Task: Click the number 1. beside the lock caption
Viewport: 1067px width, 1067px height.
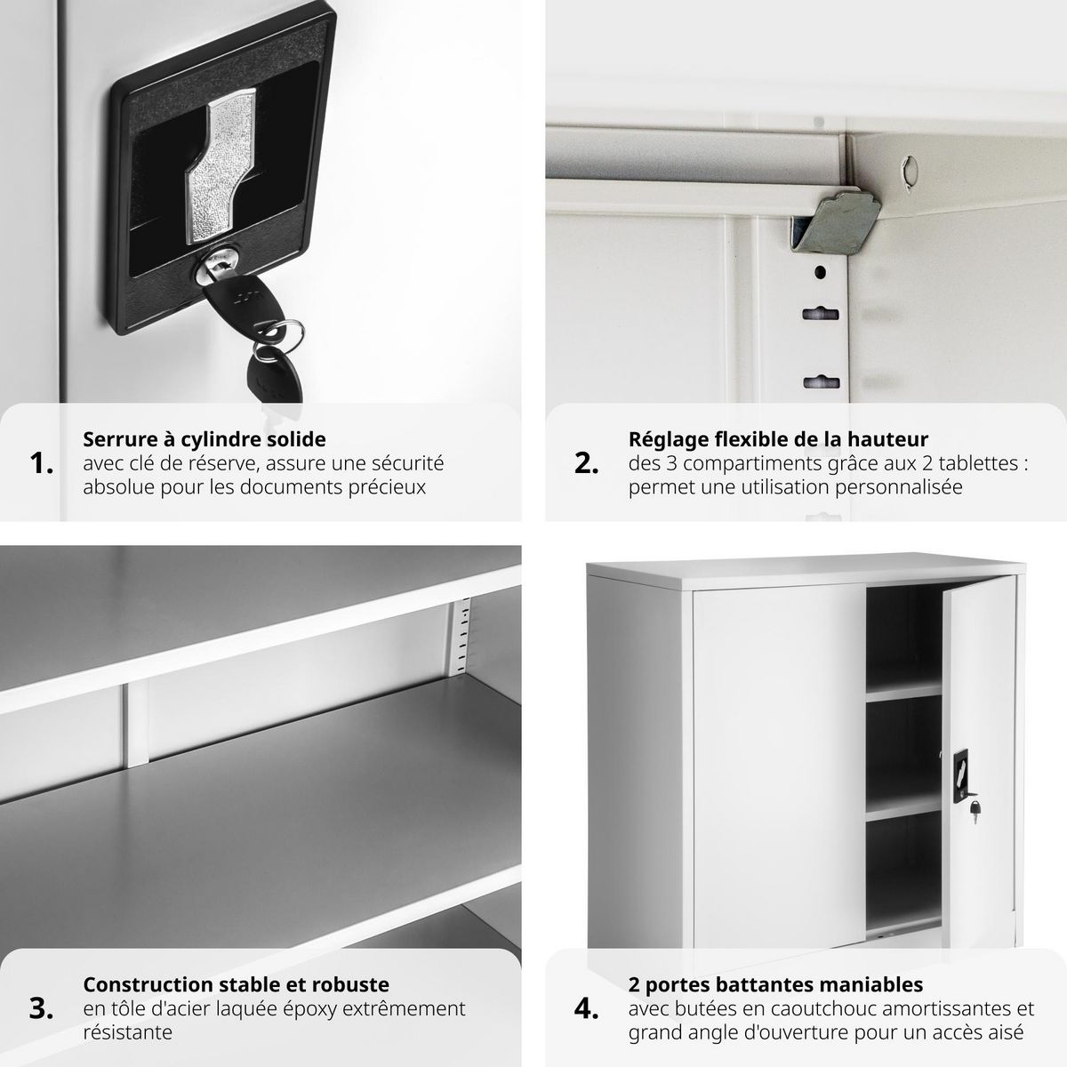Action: [x=42, y=463]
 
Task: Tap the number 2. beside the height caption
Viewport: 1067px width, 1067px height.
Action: [x=586, y=463]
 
